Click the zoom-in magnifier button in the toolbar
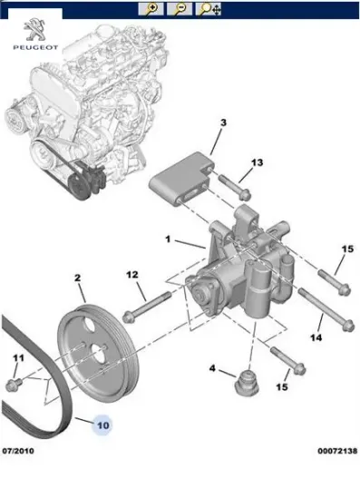coord(151,8)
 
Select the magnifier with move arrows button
coord(208,8)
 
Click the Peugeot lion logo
coord(35,29)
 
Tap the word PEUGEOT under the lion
coord(35,47)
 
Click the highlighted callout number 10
coord(103,426)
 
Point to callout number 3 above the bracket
coord(223,122)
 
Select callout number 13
coord(257,162)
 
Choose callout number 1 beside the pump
coord(168,240)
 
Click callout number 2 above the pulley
coord(78,278)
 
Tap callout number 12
coord(132,275)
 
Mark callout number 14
coord(316,338)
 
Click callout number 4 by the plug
coord(212,368)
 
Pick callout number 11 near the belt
coord(18,358)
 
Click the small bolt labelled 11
coord(14,384)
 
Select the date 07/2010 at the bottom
coord(18,451)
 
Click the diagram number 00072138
coord(337,451)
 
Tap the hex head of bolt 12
coord(129,316)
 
